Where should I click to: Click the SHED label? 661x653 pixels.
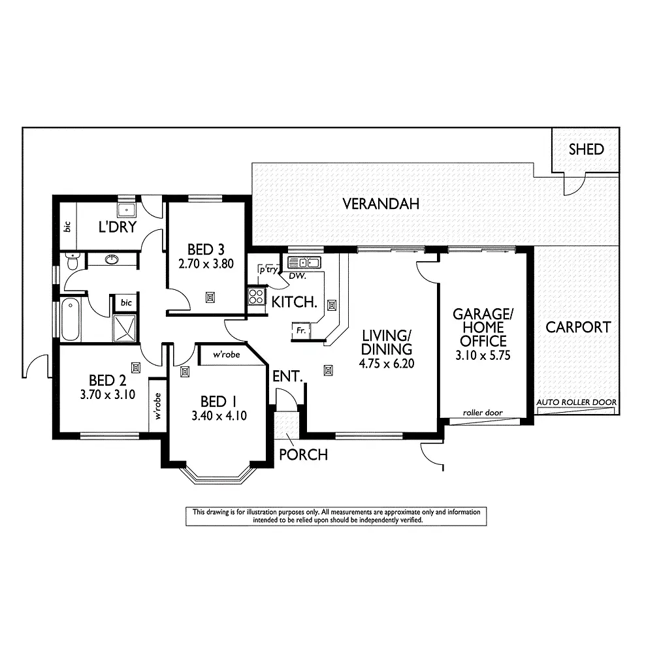click(586, 150)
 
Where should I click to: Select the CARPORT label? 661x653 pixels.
click(578, 327)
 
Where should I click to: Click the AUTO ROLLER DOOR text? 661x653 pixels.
click(576, 402)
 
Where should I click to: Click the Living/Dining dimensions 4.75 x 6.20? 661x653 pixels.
click(387, 364)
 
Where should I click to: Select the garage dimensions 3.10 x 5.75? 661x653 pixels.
click(483, 356)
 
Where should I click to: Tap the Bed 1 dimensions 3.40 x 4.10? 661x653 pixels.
click(219, 416)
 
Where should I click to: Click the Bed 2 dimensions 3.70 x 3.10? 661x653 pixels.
click(108, 394)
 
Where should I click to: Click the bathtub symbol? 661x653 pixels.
click(71, 319)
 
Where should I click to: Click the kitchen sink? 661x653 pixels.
click(303, 263)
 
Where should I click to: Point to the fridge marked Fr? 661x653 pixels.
click(301, 330)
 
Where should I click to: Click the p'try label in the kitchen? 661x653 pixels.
click(268, 269)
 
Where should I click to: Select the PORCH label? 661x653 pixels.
click(303, 454)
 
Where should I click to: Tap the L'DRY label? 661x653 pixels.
click(117, 227)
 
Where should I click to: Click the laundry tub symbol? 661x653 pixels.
click(125, 210)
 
